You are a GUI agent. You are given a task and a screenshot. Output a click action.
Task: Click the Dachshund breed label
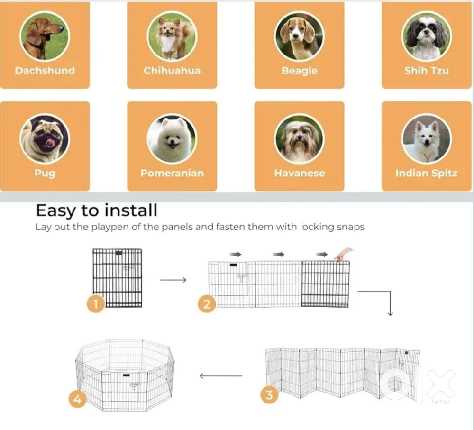point(45,71)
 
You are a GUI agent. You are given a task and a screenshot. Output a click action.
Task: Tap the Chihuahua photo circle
point(172,37)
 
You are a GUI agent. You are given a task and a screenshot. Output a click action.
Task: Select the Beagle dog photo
point(299,37)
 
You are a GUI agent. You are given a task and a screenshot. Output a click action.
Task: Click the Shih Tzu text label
point(427,71)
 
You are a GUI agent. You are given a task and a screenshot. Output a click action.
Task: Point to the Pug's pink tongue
point(51,142)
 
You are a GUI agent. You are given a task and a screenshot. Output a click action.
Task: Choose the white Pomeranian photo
point(172,139)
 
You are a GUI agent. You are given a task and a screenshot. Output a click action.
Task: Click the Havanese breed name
point(299,173)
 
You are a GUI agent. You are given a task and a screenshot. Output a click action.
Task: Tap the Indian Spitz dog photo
point(427,139)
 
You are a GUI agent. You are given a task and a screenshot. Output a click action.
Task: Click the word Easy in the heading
point(56,211)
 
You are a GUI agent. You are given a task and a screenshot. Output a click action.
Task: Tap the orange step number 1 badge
point(96,303)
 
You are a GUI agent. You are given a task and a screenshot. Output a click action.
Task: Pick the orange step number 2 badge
point(207,304)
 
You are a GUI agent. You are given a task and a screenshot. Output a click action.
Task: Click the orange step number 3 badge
point(269,394)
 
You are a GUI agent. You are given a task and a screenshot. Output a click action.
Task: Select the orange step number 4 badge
point(77,399)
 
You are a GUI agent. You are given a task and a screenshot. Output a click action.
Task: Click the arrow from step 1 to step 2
point(173,280)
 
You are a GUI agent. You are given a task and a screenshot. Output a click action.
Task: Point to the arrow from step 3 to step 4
point(221,376)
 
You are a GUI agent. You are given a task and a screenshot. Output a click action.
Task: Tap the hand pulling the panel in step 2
point(344,254)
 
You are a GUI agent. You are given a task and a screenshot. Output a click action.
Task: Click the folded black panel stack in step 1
point(117,278)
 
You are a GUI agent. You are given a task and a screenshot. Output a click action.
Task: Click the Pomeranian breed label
point(172,173)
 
